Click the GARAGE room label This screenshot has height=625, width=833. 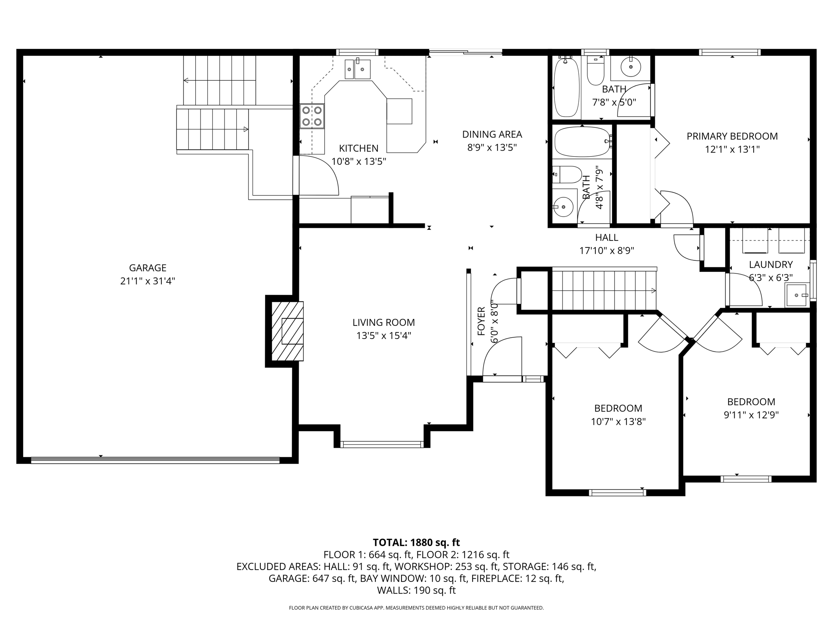148,268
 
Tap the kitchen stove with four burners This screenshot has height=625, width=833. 312,116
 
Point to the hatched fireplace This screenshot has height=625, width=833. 287,331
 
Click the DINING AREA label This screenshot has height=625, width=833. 492,134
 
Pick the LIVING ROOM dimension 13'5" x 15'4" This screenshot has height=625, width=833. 384,336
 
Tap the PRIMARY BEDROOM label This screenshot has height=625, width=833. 732,136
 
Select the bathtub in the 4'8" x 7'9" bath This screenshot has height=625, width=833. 582,142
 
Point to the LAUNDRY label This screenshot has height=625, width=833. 771,264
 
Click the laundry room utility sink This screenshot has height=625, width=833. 797,295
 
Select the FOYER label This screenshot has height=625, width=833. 481,321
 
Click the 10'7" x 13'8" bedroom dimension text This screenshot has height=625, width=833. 618,422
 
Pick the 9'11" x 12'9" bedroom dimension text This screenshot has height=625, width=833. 751,415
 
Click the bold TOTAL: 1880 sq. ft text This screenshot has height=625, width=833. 416,542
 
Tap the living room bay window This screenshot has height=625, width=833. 382,444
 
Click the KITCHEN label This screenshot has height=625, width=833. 359,149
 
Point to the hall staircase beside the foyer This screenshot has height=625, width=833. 604,290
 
